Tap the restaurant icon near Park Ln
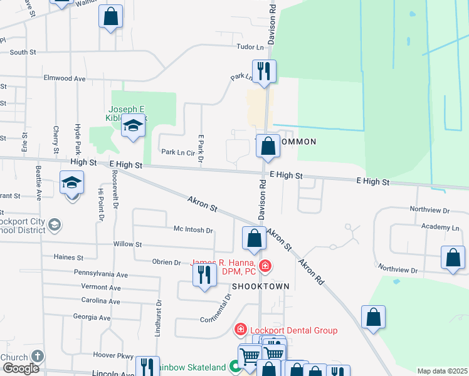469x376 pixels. click(x=264, y=71)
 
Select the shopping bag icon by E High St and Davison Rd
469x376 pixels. click(x=268, y=147)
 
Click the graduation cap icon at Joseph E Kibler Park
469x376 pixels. click(x=132, y=127)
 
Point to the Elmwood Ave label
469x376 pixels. click(x=64, y=79)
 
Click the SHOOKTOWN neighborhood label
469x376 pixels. click(x=260, y=286)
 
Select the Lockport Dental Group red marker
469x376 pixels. click(x=240, y=330)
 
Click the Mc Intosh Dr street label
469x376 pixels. click(x=192, y=230)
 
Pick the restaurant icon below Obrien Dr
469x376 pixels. click(x=204, y=275)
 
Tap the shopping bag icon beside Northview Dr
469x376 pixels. click(x=453, y=258)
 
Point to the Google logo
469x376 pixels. click(x=21, y=368)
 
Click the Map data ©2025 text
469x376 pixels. click(x=442, y=371)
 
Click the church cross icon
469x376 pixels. click(x=37, y=357)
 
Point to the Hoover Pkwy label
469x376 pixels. click(x=105, y=354)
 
